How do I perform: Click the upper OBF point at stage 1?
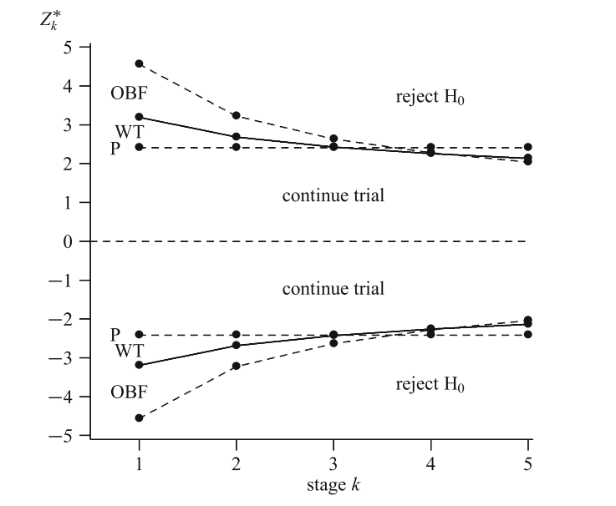(139, 63)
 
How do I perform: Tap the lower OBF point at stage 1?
(139, 417)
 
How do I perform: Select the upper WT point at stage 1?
(139, 117)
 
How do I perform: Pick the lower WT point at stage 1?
(139, 365)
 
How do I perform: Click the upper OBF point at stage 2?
(237, 115)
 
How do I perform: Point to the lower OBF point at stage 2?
(237, 366)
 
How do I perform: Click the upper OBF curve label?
(129, 92)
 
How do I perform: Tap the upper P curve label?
(115, 148)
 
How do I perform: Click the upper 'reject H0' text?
(430, 98)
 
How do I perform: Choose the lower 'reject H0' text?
(430, 386)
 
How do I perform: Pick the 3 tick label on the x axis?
(333, 461)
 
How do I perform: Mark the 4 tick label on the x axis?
(431, 461)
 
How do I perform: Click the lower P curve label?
(115, 334)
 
